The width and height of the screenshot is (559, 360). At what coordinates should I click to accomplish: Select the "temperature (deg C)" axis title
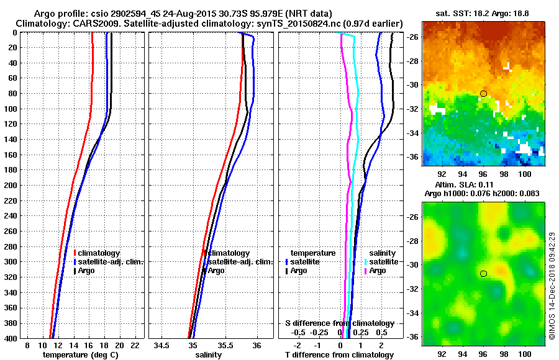80,354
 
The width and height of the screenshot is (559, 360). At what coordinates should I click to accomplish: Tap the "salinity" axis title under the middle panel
208,354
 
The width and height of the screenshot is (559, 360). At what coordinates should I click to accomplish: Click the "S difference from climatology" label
340,323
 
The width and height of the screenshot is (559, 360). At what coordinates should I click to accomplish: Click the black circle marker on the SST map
483,94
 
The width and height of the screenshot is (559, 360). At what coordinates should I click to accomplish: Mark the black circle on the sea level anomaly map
483,273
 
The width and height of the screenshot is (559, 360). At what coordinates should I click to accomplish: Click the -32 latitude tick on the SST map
412,109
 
